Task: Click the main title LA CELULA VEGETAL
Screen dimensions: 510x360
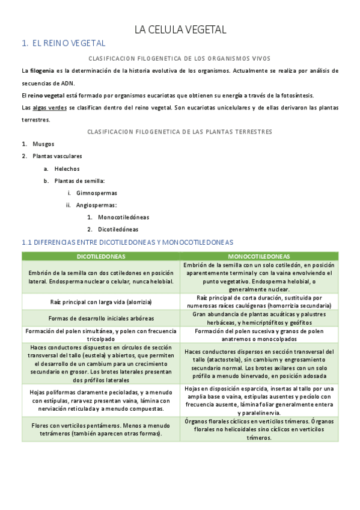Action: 180,29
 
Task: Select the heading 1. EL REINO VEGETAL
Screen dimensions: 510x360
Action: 63,43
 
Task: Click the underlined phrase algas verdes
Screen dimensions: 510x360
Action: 49,108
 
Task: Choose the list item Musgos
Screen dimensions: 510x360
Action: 43,144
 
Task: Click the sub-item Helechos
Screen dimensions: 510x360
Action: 67,168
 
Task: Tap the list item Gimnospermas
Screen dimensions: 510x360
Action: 97,193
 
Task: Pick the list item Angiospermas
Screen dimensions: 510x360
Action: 96,205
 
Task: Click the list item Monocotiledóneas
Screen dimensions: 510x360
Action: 123,217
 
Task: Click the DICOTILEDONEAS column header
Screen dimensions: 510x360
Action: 101,256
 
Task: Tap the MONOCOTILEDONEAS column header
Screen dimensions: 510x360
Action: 258,256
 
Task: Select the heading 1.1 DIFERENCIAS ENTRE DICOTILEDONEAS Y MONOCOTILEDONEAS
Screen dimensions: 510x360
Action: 127,242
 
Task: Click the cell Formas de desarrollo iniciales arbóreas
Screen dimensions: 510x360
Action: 101,318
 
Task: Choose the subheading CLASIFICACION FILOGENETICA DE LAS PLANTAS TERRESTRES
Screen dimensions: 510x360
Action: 180,131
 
